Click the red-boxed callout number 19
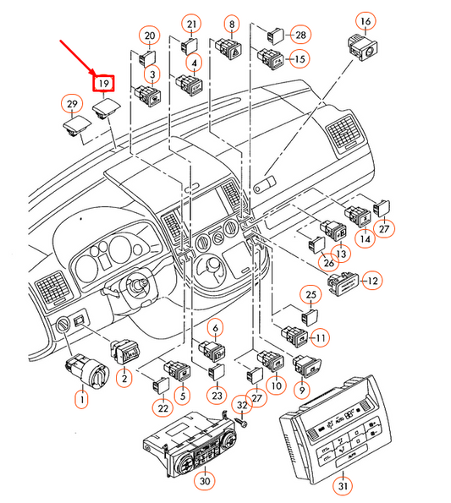104,84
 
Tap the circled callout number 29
72,104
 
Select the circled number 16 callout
366,21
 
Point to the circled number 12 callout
372,281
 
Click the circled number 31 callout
343,486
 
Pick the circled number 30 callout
205,481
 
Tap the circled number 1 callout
82,399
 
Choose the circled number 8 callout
232,24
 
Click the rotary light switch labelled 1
87,372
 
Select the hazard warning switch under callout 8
228,48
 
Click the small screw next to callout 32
240,423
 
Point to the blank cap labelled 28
276,36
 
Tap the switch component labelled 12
343,284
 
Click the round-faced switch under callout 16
363,46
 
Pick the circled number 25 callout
311,295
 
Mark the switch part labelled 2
124,352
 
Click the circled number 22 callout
163,408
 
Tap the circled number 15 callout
300,59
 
